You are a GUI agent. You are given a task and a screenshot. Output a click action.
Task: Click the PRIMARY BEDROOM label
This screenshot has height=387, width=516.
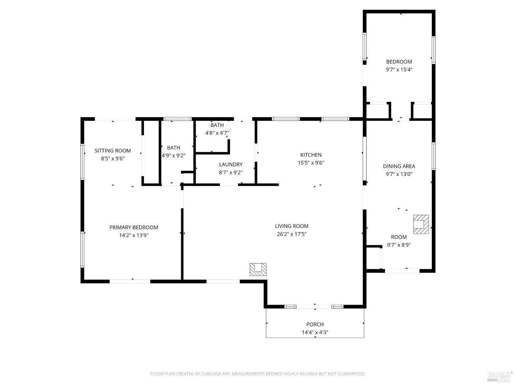133,227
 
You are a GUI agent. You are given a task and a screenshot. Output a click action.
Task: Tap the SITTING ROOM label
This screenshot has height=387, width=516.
112,151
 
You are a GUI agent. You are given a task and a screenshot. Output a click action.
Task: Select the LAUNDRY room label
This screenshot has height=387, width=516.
230,164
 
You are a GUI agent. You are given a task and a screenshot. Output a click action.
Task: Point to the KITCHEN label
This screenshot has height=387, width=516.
311,155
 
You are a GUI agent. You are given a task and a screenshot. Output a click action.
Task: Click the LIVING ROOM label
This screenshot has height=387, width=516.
291,226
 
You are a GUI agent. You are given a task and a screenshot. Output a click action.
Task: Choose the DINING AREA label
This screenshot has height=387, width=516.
399,166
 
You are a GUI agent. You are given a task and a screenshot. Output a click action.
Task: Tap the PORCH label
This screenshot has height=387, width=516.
315,324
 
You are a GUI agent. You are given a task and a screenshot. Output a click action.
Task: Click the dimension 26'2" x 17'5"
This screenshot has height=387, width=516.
291,234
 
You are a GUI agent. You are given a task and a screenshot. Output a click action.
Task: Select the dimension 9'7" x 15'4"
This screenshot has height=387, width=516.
399,69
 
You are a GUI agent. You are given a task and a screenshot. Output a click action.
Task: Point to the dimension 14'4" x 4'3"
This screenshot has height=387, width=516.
315,332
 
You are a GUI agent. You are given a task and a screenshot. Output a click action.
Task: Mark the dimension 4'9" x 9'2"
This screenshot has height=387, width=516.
173,155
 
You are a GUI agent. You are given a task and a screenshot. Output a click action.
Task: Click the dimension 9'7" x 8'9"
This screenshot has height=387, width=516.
399,245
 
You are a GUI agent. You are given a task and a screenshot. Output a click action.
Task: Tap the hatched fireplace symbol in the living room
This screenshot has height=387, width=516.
258,269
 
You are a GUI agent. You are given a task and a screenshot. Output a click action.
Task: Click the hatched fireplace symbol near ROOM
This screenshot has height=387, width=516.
421,224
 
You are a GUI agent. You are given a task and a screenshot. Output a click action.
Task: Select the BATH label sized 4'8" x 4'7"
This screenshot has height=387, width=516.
217,125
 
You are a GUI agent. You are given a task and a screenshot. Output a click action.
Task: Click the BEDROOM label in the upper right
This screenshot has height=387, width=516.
399,62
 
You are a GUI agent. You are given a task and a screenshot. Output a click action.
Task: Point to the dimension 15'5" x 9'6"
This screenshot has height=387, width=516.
311,163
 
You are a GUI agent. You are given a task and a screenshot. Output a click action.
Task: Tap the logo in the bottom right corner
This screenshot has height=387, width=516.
499,376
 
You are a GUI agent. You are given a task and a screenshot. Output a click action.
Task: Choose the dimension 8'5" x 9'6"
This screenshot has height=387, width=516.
112,159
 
